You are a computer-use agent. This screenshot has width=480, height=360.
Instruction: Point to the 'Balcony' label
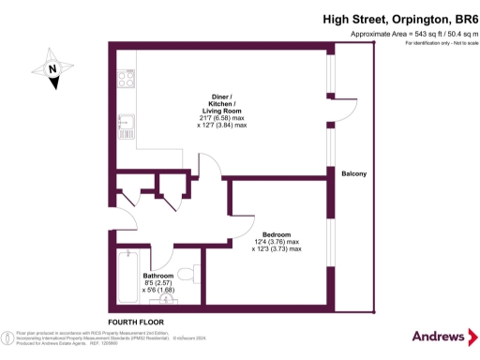tap(353, 174)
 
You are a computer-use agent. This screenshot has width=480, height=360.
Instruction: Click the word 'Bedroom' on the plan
tap(277, 233)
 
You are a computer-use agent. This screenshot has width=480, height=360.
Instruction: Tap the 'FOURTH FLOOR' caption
tap(136, 321)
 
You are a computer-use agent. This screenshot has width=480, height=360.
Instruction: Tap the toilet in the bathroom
tap(190, 273)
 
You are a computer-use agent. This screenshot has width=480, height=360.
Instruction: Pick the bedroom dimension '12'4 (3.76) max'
tap(277, 242)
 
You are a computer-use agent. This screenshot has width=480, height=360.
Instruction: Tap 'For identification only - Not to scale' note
tap(435, 45)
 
